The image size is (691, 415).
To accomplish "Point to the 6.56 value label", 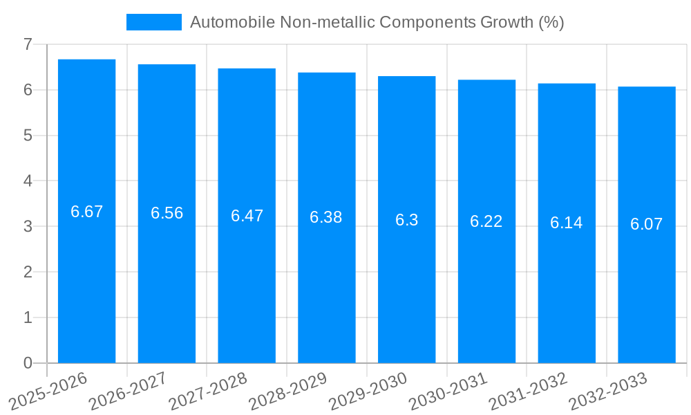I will coord(167,213).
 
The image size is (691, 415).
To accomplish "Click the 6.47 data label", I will coord(247,216).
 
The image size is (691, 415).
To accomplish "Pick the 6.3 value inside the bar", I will coord(406,220).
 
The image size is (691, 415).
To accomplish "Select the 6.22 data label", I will coord(486,221).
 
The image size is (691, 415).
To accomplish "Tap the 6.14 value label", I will coord(567,223).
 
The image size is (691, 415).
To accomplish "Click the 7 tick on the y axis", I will coord(28,44).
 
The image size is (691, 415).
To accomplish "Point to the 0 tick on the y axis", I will coord(28,363).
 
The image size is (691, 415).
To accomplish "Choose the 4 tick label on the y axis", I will coord(28,181).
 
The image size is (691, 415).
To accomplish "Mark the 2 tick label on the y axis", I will coord(28,272).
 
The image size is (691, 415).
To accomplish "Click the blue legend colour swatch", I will coord(153,22).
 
